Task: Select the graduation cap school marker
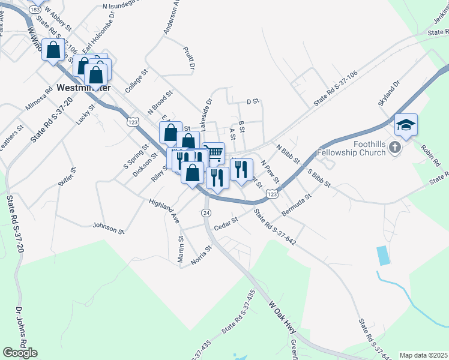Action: pos(406,125)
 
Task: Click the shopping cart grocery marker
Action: pos(213,152)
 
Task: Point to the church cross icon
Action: pos(395,146)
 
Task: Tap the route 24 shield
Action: pos(206,213)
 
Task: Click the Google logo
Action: pos(20,353)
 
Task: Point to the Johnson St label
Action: pos(108,227)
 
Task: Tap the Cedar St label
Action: pos(227,220)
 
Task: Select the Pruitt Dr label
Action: pos(190,59)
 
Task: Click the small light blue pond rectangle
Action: pos(382,256)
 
